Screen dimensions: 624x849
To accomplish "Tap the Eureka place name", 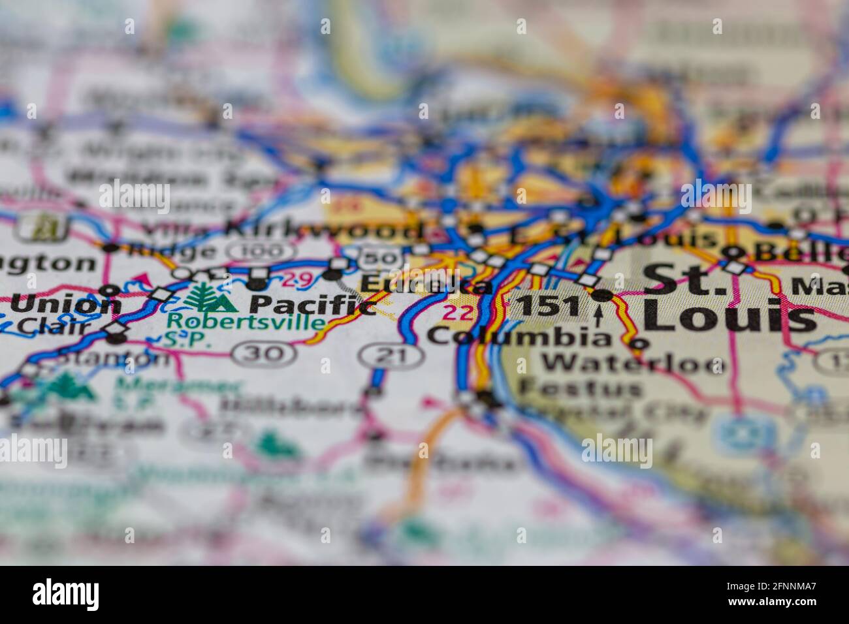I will click(x=426, y=285).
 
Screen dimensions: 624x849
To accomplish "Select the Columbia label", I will click(x=519, y=336).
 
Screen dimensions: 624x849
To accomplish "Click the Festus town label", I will click(x=581, y=388).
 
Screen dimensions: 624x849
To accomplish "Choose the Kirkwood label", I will click(x=323, y=230).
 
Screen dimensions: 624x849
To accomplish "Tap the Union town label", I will click(x=66, y=304).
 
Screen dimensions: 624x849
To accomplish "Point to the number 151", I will click(x=547, y=306).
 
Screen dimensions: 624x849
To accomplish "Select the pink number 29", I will click(x=298, y=280).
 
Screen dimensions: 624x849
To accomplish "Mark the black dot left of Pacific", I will click(x=258, y=285).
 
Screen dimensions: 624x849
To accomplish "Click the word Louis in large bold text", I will click(x=729, y=318).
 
